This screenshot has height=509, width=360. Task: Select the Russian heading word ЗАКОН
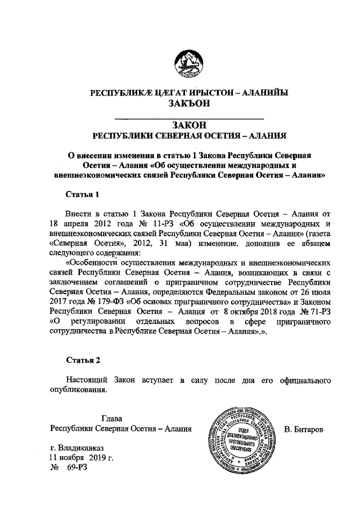(189, 124)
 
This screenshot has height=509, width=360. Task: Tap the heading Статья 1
(82, 195)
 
